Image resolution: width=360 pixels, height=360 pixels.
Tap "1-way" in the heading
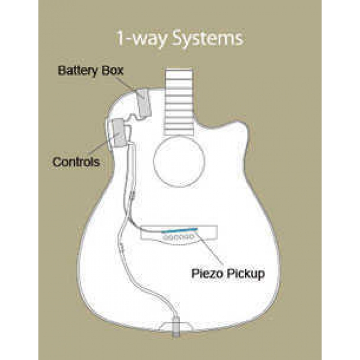(142, 39)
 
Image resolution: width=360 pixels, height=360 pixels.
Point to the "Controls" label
(76, 162)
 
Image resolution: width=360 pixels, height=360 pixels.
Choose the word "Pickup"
(245, 274)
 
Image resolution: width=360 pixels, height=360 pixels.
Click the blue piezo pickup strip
(179, 230)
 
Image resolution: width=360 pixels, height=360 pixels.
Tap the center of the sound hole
(179, 160)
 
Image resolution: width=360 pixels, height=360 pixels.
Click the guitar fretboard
(179, 102)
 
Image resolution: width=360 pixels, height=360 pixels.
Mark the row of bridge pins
(178, 237)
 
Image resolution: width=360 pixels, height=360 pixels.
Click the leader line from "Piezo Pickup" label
(209, 248)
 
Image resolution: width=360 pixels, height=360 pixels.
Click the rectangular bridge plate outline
(179, 232)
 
